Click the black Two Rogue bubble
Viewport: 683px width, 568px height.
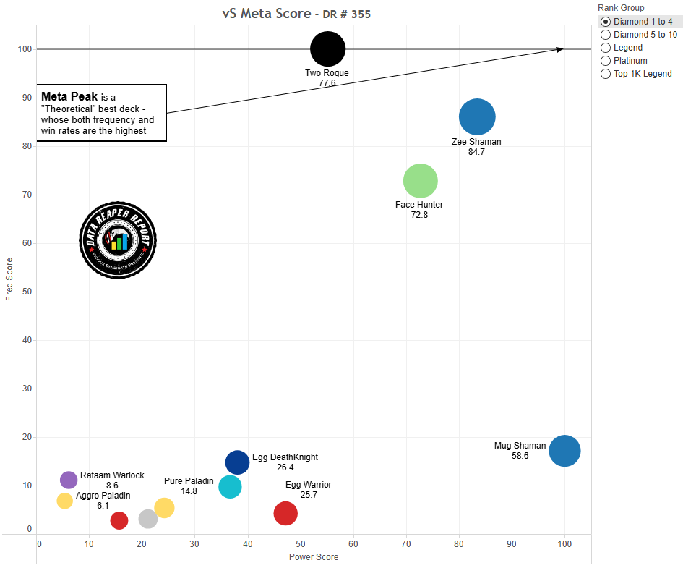pyautogui.click(x=327, y=48)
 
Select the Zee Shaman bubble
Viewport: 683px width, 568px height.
pyautogui.click(x=477, y=116)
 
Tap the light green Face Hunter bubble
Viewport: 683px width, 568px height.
pyautogui.click(x=421, y=181)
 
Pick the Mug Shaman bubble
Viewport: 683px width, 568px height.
pyautogui.click(x=564, y=451)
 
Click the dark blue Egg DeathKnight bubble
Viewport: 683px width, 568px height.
pyautogui.click(x=237, y=462)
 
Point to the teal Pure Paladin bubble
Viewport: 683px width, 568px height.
pyautogui.click(x=230, y=487)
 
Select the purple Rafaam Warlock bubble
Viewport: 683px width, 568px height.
pyautogui.click(x=69, y=480)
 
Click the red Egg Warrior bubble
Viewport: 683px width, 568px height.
pyautogui.click(x=285, y=513)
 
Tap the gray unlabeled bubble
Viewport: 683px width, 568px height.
pyautogui.click(x=147, y=519)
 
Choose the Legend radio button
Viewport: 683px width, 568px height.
pyautogui.click(x=606, y=48)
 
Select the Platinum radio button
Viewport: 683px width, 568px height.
pyautogui.click(x=606, y=61)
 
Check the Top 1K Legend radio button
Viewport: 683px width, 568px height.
pyautogui.click(x=606, y=74)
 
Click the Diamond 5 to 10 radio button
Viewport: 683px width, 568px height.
pyautogui.click(x=606, y=35)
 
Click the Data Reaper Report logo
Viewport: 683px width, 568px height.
pyautogui.click(x=118, y=240)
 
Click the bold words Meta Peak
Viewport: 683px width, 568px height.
pyautogui.click(x=69, y=96)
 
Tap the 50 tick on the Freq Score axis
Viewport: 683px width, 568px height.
pyautogui.click(x=27, y=292)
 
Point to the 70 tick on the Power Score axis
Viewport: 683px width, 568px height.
pyautogui.click(x=406, y=543)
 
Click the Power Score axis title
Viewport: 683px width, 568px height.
pyautogui.click(x=314, y=556)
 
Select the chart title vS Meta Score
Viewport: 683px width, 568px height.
pyautogui.click(x=267, y=14)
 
